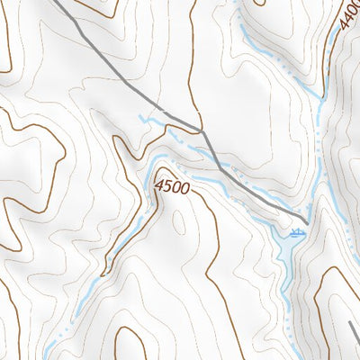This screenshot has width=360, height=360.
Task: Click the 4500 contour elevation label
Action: (171, 187)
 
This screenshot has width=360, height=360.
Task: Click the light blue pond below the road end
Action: (286, 245)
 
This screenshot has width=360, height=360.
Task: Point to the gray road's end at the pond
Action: (306, 221)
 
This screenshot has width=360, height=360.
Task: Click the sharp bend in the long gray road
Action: (203, 131)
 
